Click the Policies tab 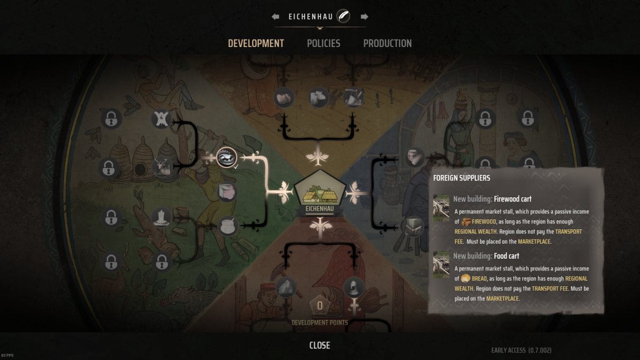tap(323, 43)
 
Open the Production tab tap(387, 43)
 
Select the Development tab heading tap(256, 43)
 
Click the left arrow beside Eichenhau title tap(275, 17)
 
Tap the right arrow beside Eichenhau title tap(364, 17)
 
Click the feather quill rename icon tap(343, 16)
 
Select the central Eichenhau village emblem tap(319, 193)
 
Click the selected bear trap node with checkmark tap(227, 157)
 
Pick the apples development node tap(284, 98)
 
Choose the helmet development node tap(354, 287)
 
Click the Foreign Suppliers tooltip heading tap(461, 178)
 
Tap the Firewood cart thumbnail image tap(441, 208)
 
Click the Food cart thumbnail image tap(441, 265)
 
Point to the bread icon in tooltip tap(466, 278)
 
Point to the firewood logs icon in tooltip tap(466, 222)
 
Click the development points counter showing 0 tap(319, 306)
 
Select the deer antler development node tap(162, 167)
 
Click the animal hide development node tap(162, 118)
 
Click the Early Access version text tap(521, 350)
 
